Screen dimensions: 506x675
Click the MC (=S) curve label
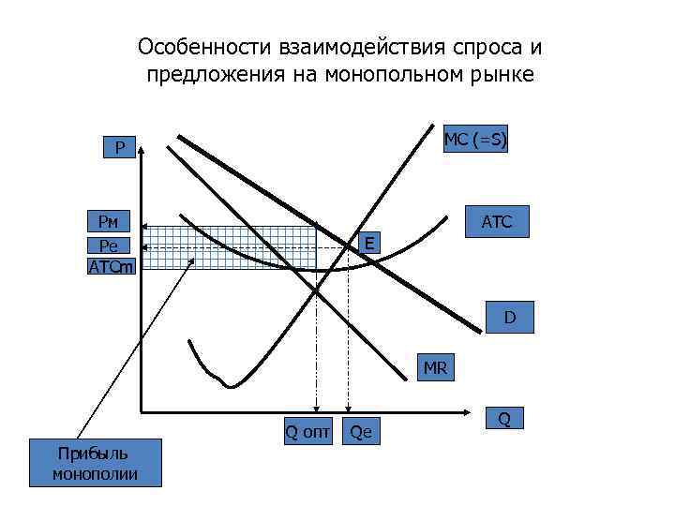pyautogui.click(x=474, y=141)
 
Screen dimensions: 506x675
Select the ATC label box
pyautogui.click(x=496, y=222)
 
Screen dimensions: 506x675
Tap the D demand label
pyautogui.click(x=509, y=317)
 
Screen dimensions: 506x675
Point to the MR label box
pyautogui.click(x=435, y=367)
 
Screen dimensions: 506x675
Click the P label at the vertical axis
pyautogui.click(x=119, y=147)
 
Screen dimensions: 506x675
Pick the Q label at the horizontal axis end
pyautogui.click(x=504, y=419)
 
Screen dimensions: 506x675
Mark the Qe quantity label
pyautogui.click(x=360, y=431)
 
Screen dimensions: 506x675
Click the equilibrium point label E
pyautogui.click(x=370, y=244)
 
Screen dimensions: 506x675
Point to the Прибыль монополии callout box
pyautogui.click(x=96, y=463)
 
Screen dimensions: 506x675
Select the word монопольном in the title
pyautogui.click(x=395, y=75)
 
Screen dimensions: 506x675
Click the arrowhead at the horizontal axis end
pyautogui.click(x=464, y=411)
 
